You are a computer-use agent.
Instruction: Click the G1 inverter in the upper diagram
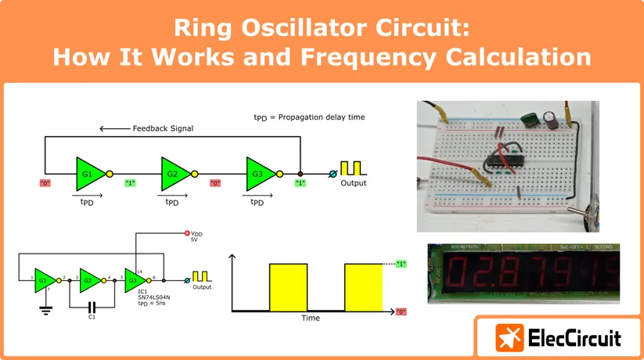click(88, 171)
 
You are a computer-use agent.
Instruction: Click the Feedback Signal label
click(163, 128)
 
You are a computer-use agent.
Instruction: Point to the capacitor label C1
click(92, 317)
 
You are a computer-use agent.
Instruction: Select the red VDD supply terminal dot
click(186, 233)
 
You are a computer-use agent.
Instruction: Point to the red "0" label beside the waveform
click(401, 311)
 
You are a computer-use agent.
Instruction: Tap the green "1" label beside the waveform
click(401, 264)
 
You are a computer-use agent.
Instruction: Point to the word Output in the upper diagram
click(353, 183)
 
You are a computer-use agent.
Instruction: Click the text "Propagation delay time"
click(323, 117)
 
